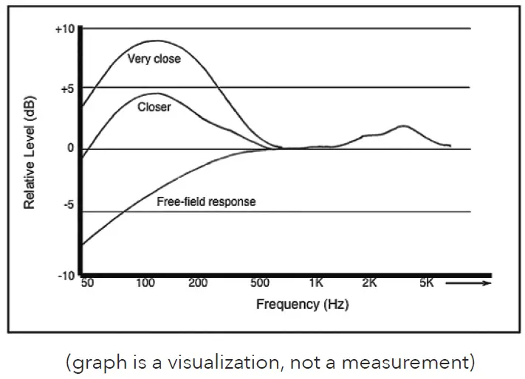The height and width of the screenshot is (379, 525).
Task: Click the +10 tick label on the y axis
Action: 65,29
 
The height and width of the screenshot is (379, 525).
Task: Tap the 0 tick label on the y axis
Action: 70,148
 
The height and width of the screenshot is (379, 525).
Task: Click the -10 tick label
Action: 65,275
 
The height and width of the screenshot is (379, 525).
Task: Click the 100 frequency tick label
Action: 145,283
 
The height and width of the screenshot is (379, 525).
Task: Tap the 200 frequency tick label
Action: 197,283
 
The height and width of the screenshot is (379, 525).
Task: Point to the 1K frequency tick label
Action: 316,283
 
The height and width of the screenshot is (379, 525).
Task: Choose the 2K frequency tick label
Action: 369,283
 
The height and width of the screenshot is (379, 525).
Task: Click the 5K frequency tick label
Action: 426,283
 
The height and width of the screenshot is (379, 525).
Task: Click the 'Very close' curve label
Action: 154,58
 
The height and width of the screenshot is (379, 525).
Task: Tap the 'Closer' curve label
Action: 154,107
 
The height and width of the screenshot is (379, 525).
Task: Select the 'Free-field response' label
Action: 206,201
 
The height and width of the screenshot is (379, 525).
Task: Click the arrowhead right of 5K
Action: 487,282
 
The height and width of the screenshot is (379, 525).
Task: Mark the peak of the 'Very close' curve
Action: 155,41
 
